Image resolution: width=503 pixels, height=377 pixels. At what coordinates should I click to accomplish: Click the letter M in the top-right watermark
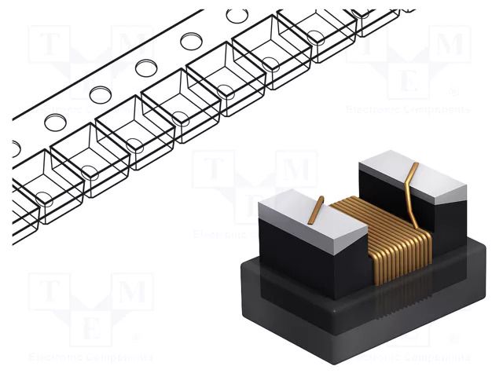click(x=450, y=45)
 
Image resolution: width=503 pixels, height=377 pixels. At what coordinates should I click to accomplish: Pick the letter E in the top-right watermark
click(x=409, y=79)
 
